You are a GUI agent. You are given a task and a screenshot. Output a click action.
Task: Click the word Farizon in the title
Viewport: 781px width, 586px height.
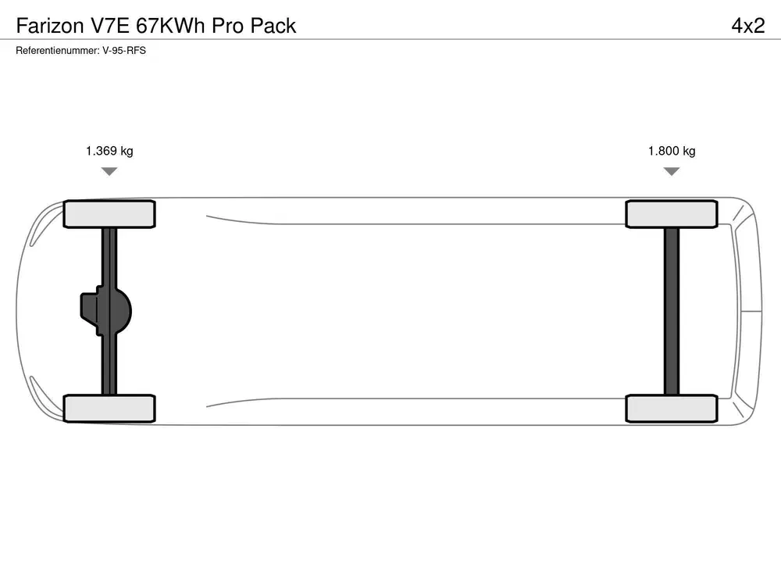click(x=50, y=26)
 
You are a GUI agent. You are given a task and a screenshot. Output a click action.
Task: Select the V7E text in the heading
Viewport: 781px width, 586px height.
click(x=109, y=26)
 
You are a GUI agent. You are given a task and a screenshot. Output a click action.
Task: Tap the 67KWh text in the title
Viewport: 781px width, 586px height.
click(x=170, y=26)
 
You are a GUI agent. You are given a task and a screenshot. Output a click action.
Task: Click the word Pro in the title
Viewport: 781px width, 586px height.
click(x=227, y=26)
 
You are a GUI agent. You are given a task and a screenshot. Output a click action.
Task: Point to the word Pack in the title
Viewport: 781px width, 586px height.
click(x=273, y=26)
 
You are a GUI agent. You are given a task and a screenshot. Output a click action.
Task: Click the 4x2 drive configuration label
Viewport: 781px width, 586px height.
click(x=748, y=26)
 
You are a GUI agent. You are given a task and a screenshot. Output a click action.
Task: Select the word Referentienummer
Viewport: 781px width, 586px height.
click(x=58, y=50)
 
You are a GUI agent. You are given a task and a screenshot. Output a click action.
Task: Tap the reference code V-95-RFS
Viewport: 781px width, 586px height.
click(x=124, y=50)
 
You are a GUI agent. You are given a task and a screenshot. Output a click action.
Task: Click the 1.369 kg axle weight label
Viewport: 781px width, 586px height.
click(x=109, y=151)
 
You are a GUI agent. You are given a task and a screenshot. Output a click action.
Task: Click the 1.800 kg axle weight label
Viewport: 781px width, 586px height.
click(x=672, y=151)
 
